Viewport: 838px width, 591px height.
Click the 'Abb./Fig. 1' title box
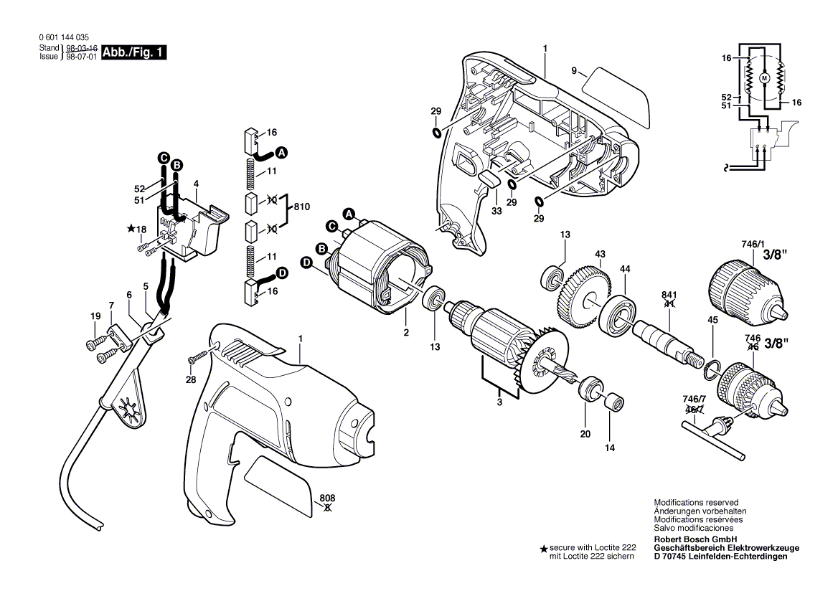coord(134,52)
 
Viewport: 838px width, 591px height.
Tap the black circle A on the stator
coord(349,214)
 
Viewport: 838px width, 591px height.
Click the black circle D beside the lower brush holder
coord(281,273)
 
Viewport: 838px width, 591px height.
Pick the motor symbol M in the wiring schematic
coord(763,77)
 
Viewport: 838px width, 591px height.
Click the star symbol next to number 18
coord(131,229)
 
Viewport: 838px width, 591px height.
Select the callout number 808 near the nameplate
coord(328,498)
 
